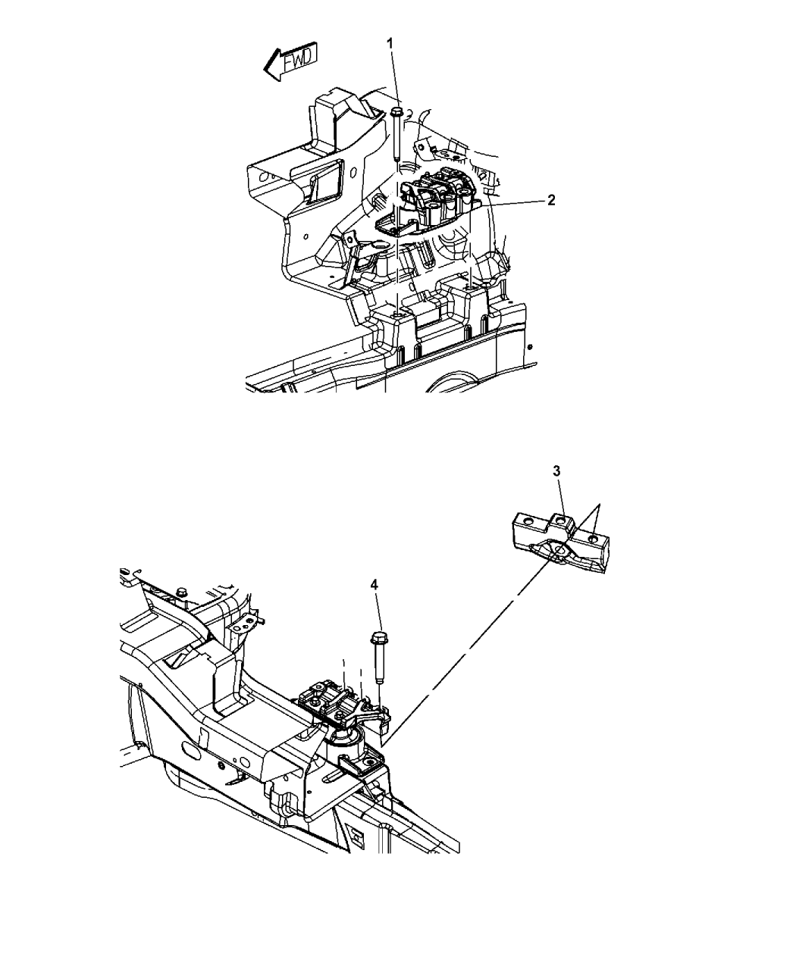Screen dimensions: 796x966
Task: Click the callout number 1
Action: [x=390, y=44]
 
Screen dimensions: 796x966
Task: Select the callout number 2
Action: [x=550, y=200]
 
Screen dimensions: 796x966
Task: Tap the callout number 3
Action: [x=556, y=471]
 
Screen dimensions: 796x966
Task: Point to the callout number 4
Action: [x=374, y=585]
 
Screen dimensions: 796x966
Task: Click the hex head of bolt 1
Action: [x=396, y=111]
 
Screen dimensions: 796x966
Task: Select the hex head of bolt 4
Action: [x=379, y=638]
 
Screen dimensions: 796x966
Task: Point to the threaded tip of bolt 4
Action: [x=380, y=692]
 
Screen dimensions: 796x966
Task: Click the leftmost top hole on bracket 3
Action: [x=528, y=522]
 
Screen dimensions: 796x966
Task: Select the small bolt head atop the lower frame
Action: [x=181, y=592]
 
